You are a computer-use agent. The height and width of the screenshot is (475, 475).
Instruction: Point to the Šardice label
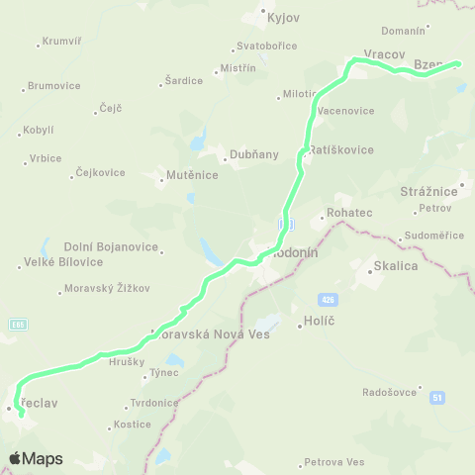(x=183, y=80)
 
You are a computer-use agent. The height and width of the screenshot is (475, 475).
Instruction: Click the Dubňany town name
(x=253, y=154)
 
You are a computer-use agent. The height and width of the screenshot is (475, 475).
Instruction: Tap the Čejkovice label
(x=100, y=172)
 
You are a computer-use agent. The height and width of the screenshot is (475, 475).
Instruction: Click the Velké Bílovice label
(x=62, y=262)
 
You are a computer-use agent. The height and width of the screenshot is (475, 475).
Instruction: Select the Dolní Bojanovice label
(x=105, y=246)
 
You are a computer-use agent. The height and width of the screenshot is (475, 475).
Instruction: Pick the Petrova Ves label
(x=334, y=461)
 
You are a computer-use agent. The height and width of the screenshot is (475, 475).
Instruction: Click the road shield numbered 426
(x=328, y=299)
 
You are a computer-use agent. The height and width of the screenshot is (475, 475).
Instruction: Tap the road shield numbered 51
(x=436, y=397)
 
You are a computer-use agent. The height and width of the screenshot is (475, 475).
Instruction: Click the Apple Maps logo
(x=36, y=458)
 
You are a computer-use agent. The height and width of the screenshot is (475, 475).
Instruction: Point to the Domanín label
(x=403, y=31)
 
